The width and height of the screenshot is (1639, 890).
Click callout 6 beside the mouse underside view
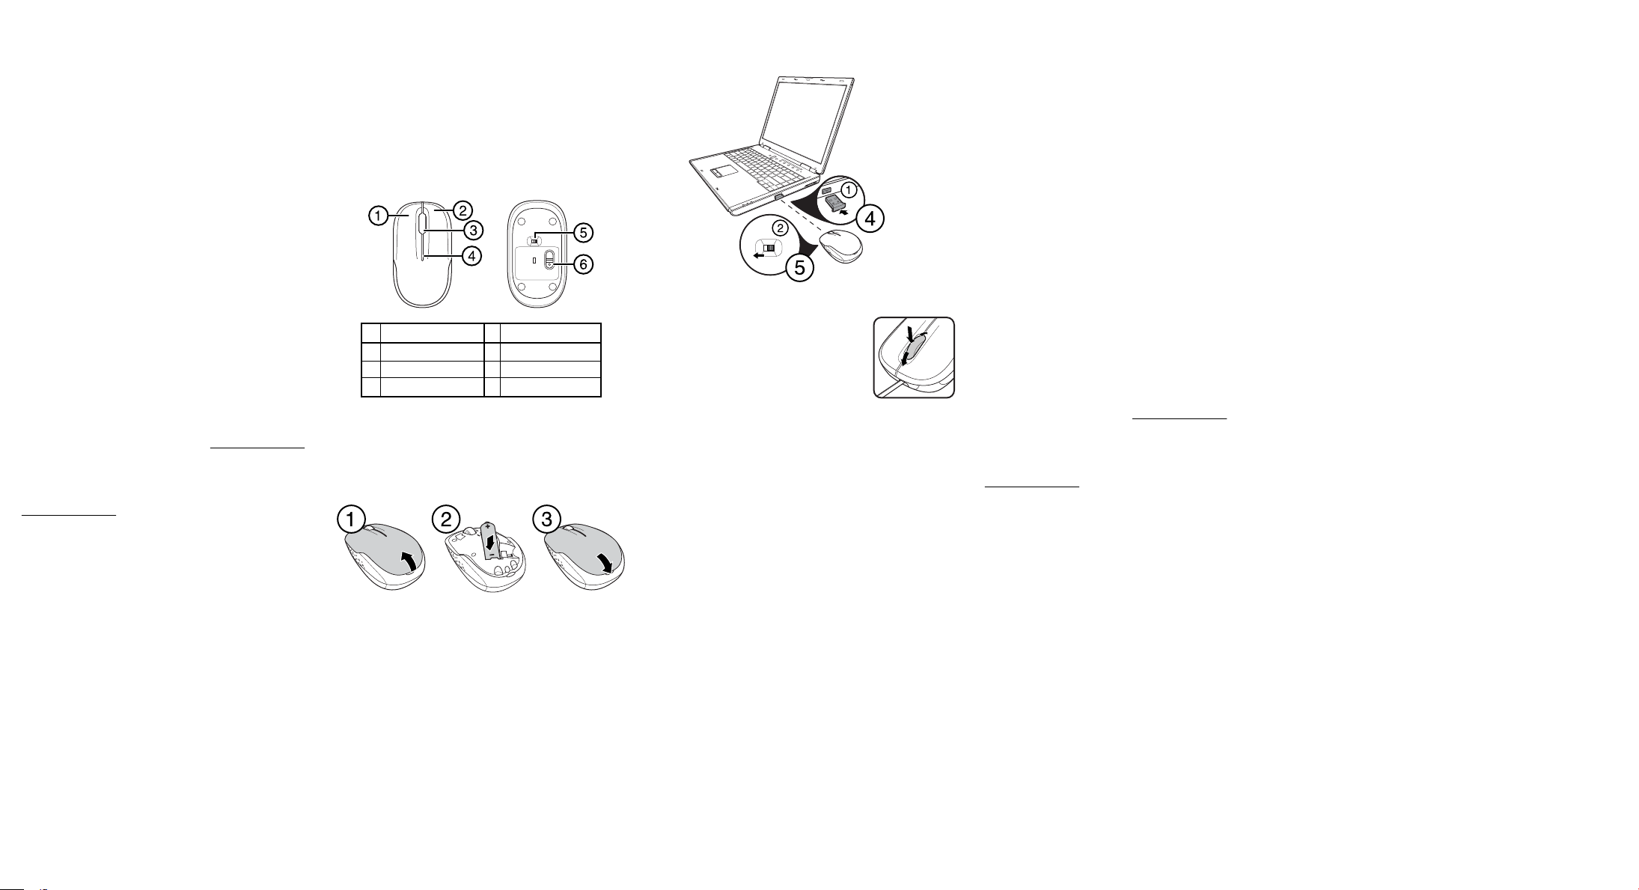582,265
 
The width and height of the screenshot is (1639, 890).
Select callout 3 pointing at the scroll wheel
472,229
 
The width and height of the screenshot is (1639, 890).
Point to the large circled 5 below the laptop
800,268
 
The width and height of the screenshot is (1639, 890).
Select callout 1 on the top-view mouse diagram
378,217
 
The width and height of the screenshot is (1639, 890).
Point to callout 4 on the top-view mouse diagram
471,256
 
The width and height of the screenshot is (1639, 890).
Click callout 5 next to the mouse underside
582,233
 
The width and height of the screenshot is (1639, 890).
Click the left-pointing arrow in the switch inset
759,254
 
